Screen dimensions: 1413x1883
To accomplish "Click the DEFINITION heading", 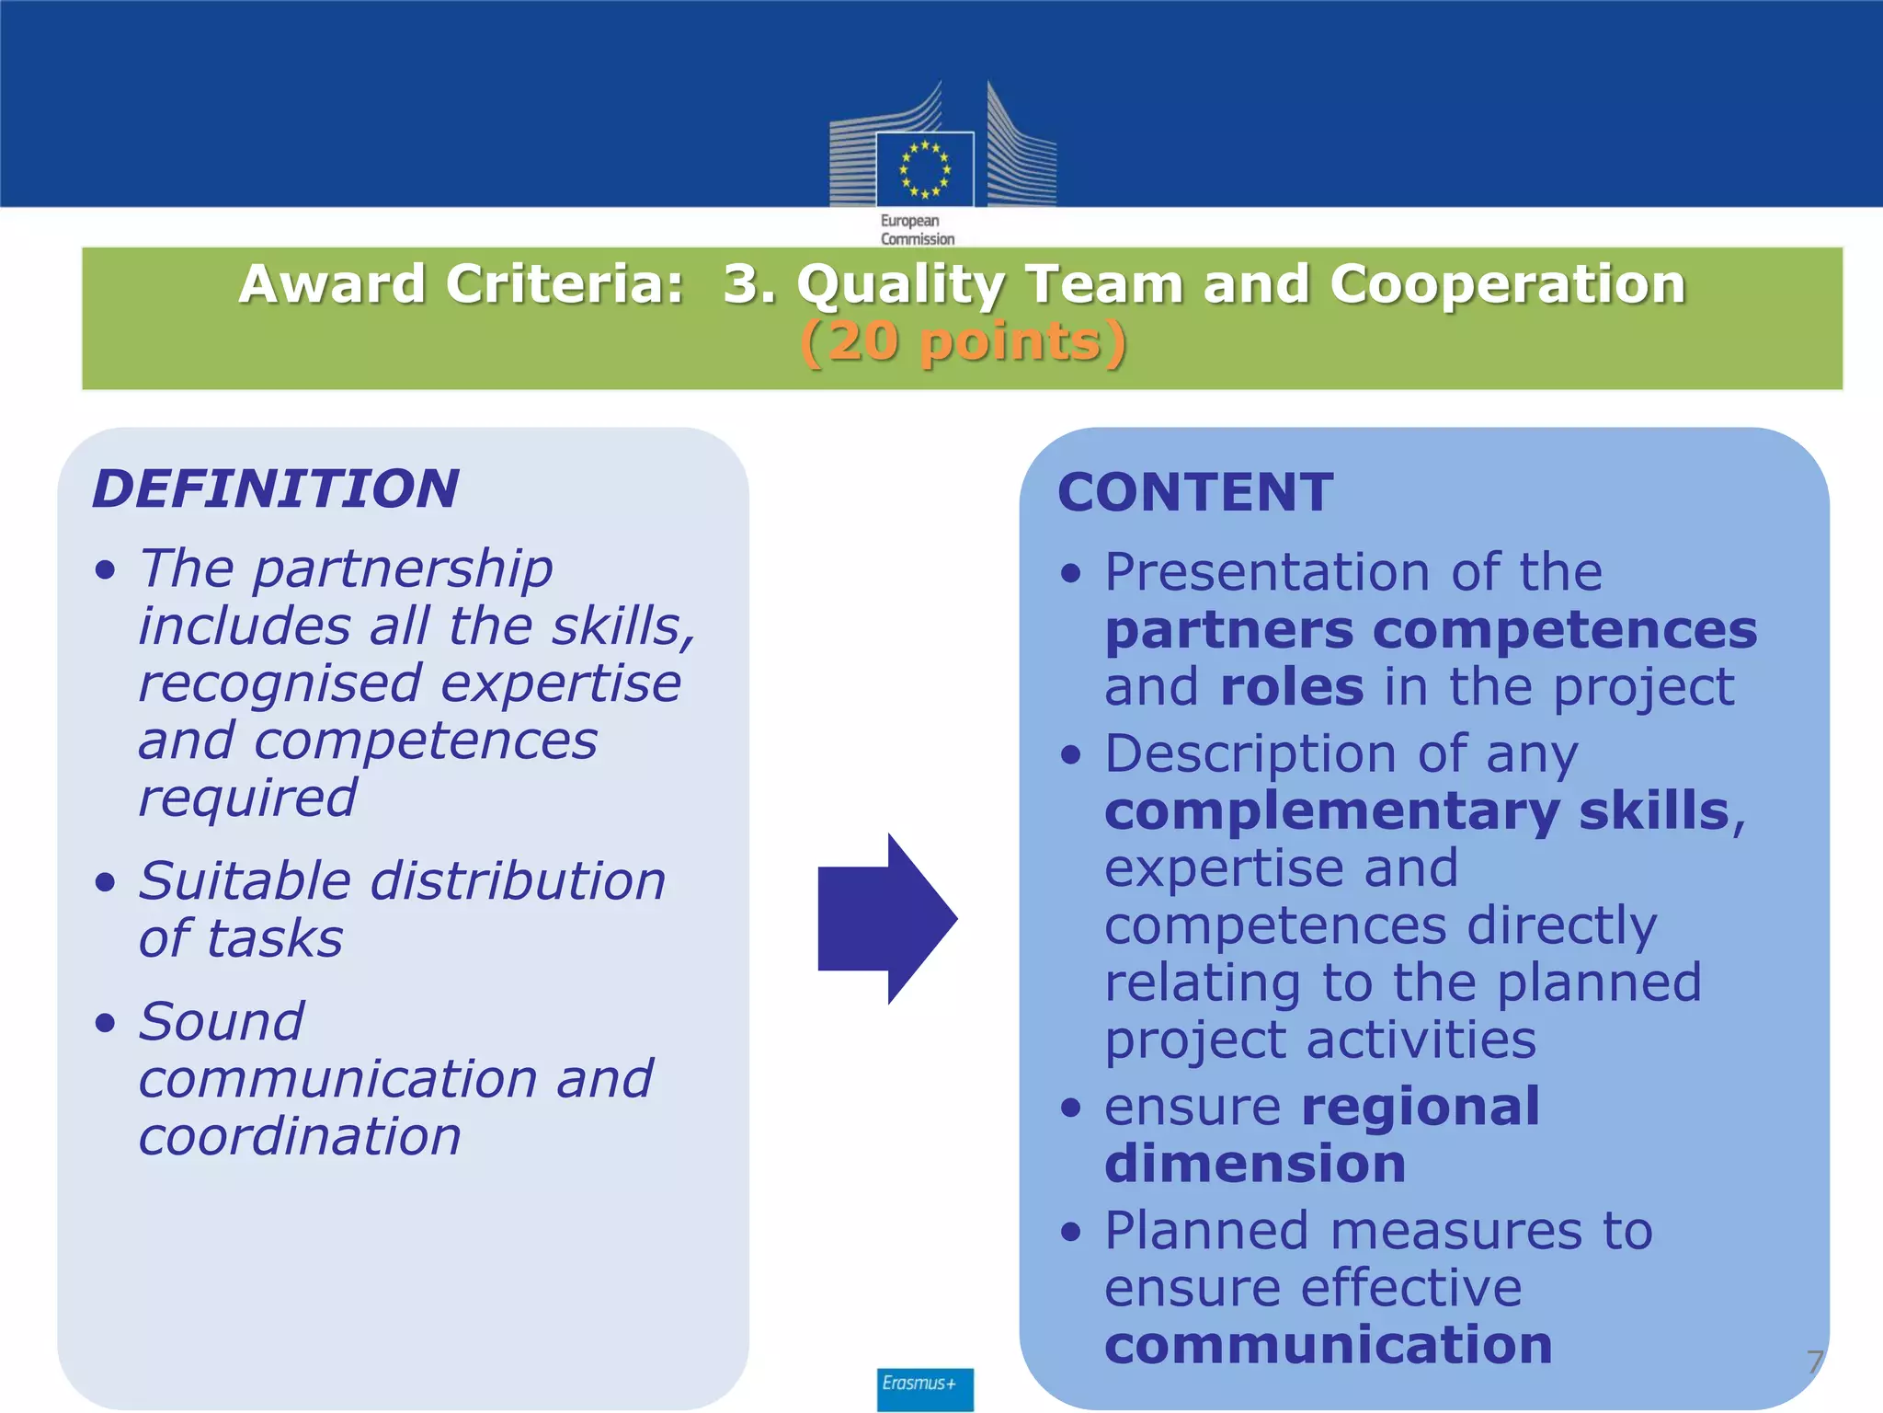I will (x=276, y=488).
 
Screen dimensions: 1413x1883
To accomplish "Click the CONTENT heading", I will (x=1195, y=492).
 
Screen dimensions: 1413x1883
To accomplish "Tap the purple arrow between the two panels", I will (x=887, y=918).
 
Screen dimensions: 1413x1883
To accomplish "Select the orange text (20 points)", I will (x=963, y=342).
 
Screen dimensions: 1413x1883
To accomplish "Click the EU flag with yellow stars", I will (x=924, y=169).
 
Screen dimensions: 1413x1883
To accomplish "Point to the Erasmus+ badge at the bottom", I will (x=924, y=1386).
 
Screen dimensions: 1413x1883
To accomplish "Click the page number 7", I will (x=1814, y=1362).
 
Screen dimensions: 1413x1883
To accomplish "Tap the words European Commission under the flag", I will (x=917, y=230).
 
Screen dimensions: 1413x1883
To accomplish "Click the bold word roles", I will (x=1292, y=687).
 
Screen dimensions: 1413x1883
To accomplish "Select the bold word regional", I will (x=1421, y=1106).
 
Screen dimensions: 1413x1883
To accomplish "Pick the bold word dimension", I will (x=1255, y=1164).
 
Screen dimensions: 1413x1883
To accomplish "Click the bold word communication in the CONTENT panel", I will (x=1329, y=1345).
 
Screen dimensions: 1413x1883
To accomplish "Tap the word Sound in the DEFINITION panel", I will (x=222, y=1021).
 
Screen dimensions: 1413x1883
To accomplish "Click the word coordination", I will (x=300, y=1136).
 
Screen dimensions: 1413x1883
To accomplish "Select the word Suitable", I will (x=245, y=881).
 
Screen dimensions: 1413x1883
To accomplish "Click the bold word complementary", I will (x=1331, y=811).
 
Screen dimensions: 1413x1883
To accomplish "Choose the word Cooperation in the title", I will (x=1508, y=283).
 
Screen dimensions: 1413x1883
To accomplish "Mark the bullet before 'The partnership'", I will (x=106, y=569).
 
